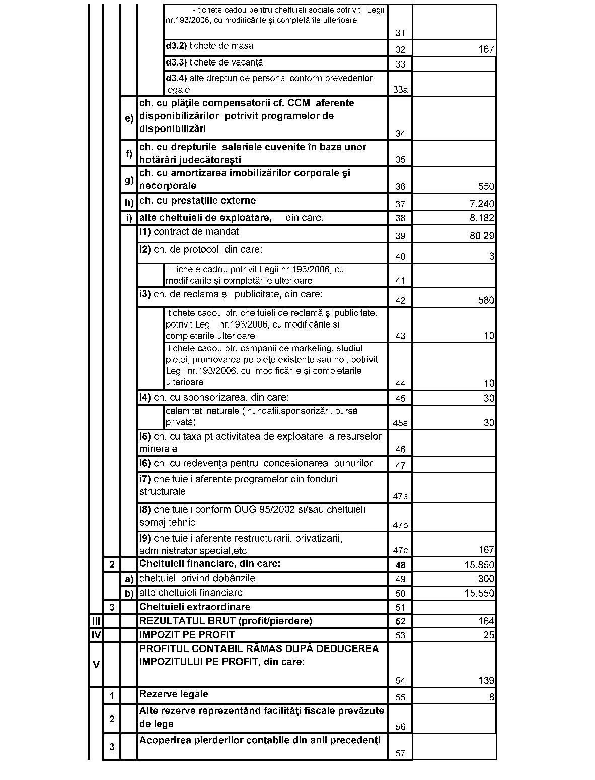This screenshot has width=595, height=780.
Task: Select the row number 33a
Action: [x=400, y=90]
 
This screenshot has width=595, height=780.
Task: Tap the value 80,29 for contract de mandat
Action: [x=482, y=236]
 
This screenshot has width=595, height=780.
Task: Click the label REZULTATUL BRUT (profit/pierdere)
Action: [x=226, y=621]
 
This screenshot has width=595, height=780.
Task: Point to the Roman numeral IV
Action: [x=96, y=635]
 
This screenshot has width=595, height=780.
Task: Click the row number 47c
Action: [x=400, y=550]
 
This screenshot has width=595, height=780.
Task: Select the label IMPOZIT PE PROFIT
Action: [x=187, y=634]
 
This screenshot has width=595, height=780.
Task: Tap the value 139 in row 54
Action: [x=486, y=681]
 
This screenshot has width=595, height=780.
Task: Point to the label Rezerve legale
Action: [x=174, y=694]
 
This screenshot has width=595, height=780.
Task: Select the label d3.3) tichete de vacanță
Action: [x=214, y=63]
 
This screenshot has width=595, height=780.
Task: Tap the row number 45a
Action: [x=400, y=423]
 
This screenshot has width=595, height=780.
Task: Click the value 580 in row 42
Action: [x=486, y=301]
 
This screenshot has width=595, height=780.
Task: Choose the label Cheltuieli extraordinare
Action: [x=194, y=607]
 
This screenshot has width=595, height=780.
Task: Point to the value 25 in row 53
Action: [x=489, y=635]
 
